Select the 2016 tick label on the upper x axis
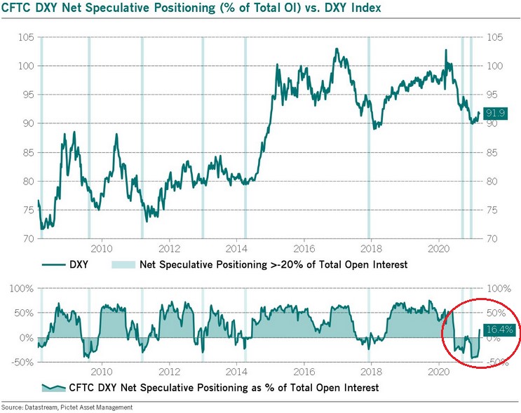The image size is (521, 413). click(x=304, y=248)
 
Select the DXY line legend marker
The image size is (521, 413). click(x=53, y=265)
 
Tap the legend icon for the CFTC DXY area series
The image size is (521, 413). click(x=54, y=388)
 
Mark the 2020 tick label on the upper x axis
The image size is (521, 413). click(x=438, y=248)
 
